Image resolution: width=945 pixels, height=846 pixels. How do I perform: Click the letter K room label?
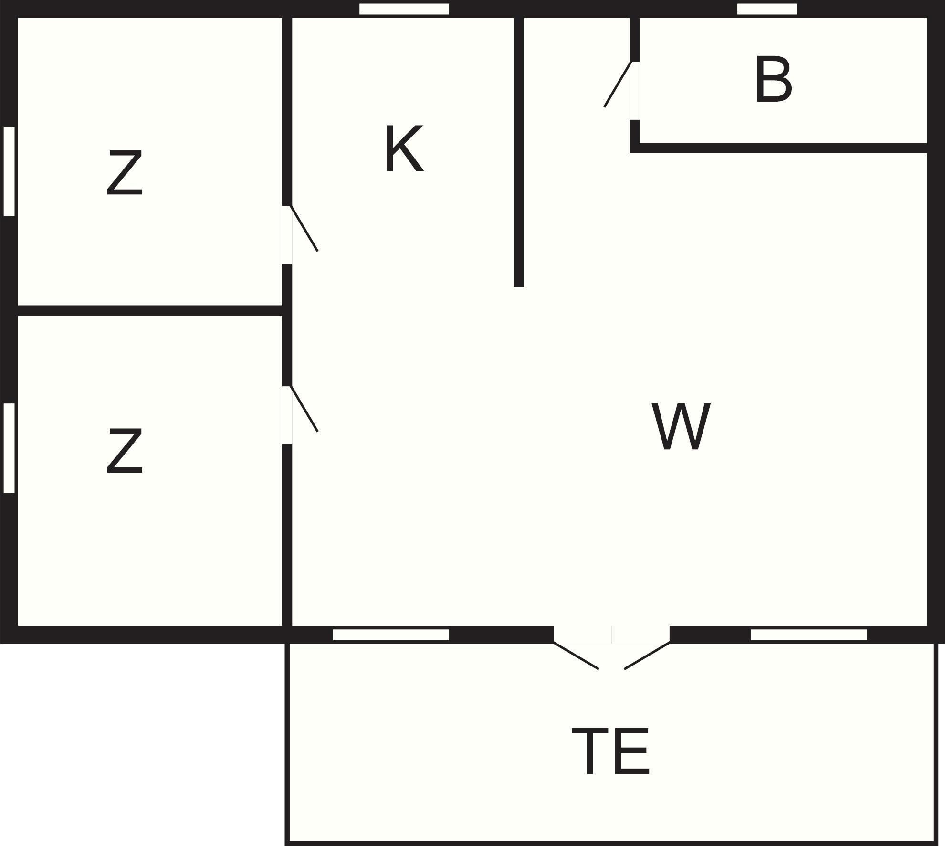[404, 148]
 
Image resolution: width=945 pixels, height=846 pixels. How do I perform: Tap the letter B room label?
[774, 79]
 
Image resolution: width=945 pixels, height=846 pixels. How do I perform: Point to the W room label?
[682, 426]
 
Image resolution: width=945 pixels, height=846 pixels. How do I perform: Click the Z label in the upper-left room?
[125, 172]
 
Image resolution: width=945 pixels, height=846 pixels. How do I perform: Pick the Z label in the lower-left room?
[125, 451]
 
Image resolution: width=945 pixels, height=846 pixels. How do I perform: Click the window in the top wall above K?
[404, 9]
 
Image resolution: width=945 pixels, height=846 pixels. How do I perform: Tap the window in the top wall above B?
[767, 9]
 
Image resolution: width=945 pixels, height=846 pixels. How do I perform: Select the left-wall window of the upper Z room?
[9, 171]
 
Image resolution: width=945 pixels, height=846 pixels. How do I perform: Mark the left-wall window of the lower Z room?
[9, 448]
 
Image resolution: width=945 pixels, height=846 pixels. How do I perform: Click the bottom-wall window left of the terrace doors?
[391, 635]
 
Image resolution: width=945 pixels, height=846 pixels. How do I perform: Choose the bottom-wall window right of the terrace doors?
[808, 635]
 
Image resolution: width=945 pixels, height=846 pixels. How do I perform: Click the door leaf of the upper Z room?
[304, 228]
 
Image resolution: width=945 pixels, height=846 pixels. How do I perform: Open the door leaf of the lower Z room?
[304, 409]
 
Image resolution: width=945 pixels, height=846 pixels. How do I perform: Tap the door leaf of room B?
[618, 84]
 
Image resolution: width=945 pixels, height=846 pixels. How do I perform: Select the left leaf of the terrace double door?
[576, 656]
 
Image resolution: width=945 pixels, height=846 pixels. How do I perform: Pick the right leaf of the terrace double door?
[647, 656]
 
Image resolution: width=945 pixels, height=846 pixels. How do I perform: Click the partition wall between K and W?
[519, 152]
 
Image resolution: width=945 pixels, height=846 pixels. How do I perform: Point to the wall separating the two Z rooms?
[150, 310]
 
